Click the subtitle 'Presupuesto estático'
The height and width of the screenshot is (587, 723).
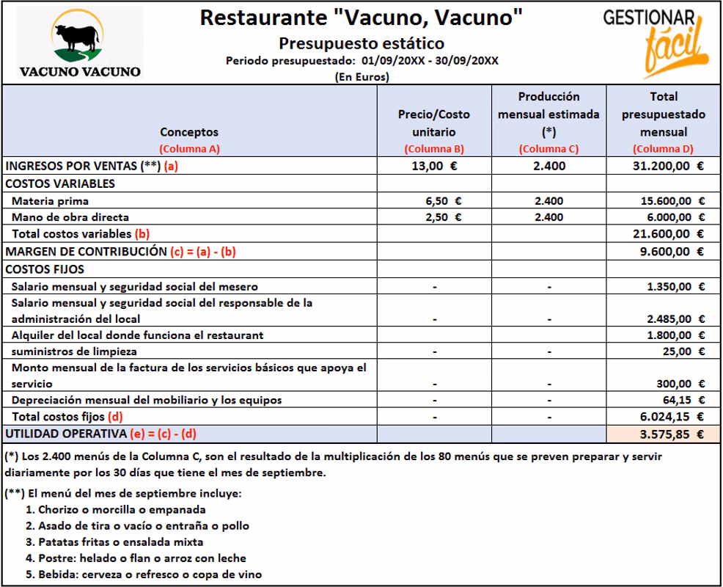(x=361, y=43)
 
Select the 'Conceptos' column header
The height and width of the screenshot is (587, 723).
(x=189, y=132)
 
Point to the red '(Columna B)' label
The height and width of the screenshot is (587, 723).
(x=434, y=149)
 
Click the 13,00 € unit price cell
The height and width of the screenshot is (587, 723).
(x=434, y=166)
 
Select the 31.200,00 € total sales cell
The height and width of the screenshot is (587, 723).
(x=664, y=166)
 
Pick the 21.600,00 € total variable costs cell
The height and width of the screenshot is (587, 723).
(x=664, y=234)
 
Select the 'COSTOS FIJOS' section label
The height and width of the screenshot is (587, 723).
(x=45, y=269)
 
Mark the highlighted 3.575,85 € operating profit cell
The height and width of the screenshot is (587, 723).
(x=664, y=434)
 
